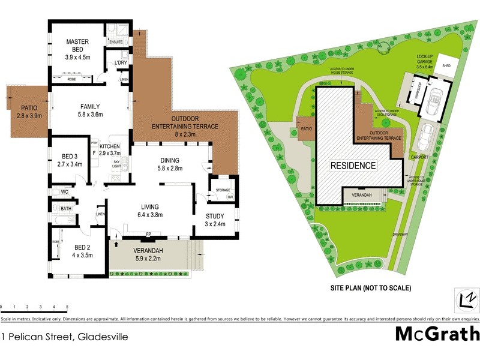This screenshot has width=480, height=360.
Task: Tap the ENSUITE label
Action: coord(116,42)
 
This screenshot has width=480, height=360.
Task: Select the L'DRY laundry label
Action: coord(120,62)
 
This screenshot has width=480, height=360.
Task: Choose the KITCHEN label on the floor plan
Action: coord(110,146)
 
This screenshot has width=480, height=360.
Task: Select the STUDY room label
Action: coord(214,217)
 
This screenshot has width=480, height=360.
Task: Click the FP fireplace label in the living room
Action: coord(148,233)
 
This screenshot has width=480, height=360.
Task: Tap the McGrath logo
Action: coord(437,334)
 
